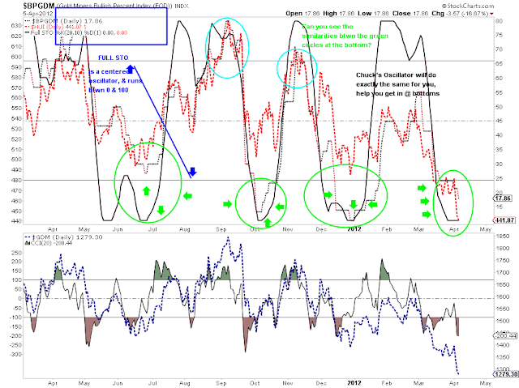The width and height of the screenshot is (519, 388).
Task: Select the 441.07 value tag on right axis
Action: click(504, 220)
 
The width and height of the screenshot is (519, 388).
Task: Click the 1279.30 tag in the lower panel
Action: click(505, 374)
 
